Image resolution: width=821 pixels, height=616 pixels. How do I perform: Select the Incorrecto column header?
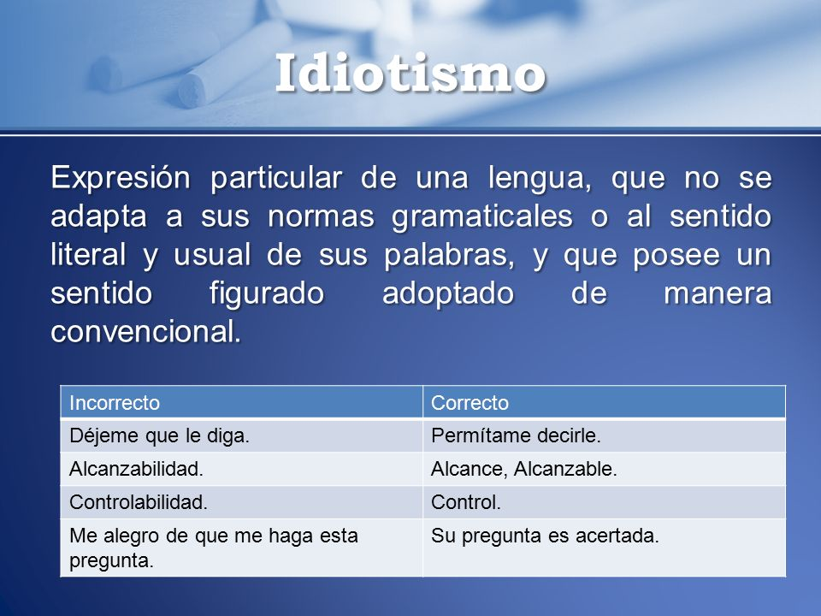coord(115,402)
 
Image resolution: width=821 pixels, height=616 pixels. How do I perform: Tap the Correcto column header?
coord(470,402)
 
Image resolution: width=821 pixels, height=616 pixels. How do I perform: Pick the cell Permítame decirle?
coord(517,436)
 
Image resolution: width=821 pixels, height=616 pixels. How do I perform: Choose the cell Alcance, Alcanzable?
coord(524,469)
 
